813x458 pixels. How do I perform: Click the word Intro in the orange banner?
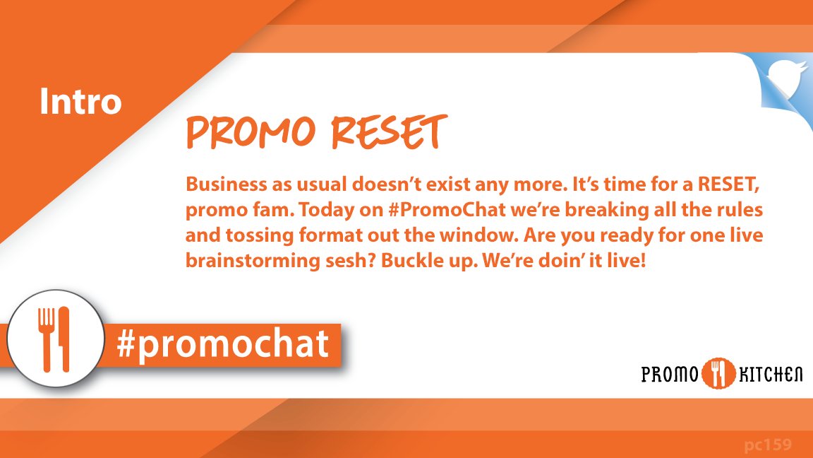(x=80, y=102)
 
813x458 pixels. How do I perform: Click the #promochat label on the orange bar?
(x=223, y=344)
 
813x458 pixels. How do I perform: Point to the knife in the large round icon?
(x=64, y=338)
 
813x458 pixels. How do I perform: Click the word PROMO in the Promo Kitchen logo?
(x=669, y=374)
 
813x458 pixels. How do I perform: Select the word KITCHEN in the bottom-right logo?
(x=770, y=374)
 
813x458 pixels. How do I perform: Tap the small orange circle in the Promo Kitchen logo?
(x=718, y=374)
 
